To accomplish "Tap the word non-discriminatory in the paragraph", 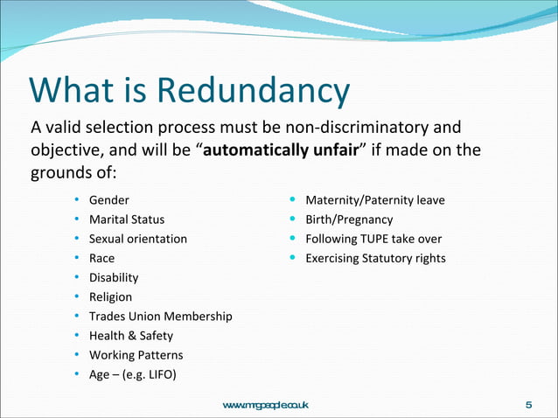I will tap(359, 128).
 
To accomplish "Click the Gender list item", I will tap(108, 200).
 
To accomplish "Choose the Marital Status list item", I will tap(126, 219).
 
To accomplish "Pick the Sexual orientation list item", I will tap(137, 239).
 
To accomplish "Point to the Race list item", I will tap(101, 258).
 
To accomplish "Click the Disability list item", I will tap(113, 277).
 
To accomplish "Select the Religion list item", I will tap(110, 296).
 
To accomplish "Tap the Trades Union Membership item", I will tap(160, 316).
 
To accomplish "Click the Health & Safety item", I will tap(130, 335).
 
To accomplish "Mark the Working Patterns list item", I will tap(136, 355).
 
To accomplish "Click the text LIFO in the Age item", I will tap(158, 374).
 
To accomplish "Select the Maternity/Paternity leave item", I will tap(374, 200).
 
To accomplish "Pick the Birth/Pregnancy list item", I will tap(348, 219).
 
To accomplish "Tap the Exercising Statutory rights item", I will tap(374, 258).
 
